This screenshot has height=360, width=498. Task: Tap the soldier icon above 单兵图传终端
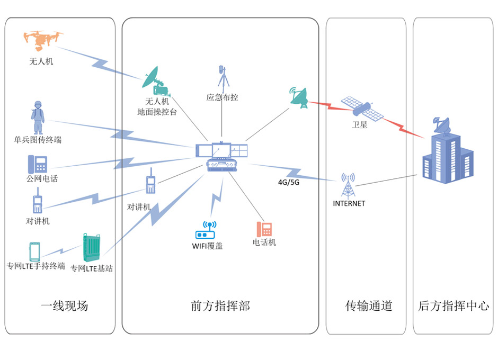point(37,118)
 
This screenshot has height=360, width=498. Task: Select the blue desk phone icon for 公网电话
point(38,164)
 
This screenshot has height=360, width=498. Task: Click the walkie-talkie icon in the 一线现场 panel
point(37,204)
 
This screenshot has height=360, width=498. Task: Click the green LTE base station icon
point(91,248)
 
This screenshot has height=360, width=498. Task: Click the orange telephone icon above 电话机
point(264,229)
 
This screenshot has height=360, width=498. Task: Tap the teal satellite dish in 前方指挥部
point(299,97)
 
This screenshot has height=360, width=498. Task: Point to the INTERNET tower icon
point(348,185)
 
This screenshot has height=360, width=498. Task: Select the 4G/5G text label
point(289,182)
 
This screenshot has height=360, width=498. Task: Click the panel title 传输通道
point(369,306)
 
